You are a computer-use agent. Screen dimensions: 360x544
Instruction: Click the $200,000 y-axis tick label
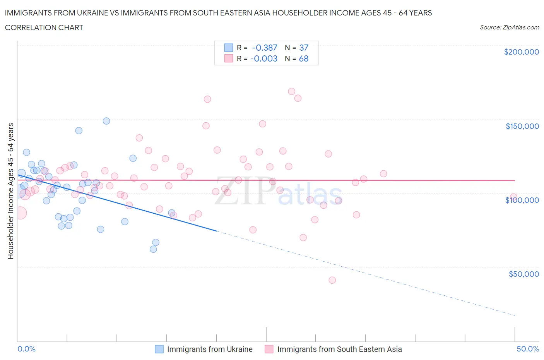[521, 52]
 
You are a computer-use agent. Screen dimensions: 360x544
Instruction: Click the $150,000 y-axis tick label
[522, 126]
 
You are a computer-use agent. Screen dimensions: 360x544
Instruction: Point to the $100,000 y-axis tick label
[522, 200]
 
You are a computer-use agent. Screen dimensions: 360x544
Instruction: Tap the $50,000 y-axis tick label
[523, 274]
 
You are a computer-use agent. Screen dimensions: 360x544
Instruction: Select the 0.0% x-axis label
[26, 349]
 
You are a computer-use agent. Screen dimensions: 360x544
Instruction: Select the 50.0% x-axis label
[528, 349]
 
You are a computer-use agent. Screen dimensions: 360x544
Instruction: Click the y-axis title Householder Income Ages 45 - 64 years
[10, 191]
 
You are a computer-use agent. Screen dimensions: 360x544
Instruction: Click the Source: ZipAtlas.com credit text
[509, 27]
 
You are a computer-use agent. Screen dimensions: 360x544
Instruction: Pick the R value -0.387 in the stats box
[265, 48]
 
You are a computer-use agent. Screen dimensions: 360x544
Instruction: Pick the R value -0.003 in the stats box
[264, 58]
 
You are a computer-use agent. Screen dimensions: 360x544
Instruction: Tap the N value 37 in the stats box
[304, 48]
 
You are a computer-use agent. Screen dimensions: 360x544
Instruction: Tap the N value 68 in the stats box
[304, 58]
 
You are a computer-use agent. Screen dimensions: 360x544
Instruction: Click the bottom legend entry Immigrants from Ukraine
[209, 349]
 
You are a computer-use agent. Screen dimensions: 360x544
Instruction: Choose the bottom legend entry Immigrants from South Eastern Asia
[339, 349]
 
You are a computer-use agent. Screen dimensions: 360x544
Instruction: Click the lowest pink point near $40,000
[332, 280]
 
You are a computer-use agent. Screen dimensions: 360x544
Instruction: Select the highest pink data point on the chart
[291, 92]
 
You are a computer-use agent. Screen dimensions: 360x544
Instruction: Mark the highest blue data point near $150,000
[106, 121]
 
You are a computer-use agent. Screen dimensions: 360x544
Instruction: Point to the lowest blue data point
[153, 249]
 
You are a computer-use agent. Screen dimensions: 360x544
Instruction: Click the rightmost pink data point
[513, 197]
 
